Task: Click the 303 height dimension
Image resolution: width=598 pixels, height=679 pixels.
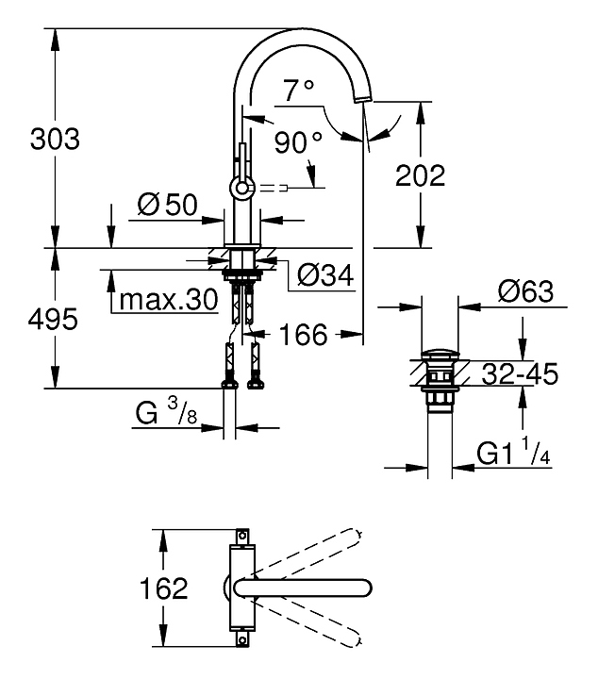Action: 55,140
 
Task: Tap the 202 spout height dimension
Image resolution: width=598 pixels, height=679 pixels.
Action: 420,175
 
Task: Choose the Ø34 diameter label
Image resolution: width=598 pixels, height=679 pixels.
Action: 324,274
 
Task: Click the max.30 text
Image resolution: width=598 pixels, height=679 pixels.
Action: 169,302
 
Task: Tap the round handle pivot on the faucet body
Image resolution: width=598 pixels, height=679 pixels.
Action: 241,187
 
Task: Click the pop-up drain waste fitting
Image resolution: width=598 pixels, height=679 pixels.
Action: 437,381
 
